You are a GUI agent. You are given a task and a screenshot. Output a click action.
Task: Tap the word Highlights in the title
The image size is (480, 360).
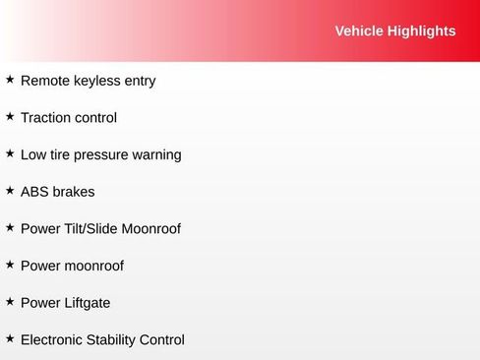pyautogui.click(x=422, y=31)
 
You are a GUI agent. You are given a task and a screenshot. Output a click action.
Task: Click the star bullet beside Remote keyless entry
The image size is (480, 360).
pyautogui.click(x=10, y=79)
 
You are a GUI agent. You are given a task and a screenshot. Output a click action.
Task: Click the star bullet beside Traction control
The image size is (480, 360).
pyautogui.click(x=10, y=116)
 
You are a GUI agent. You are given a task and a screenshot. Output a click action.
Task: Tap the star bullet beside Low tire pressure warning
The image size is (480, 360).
pyautogui.click(x=10, y=153)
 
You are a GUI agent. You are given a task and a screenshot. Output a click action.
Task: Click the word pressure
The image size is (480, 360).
pyautogui.click(x=101, y=155)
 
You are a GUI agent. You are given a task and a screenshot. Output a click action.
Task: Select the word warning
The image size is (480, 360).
pyautogui.click(x=156, y=155)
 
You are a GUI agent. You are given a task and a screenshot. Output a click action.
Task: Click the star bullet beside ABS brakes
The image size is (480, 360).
pyautogui.click(x=10, y=190)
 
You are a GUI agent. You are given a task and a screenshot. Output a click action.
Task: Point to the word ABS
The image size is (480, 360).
pyautogui.click(x=35, y=192)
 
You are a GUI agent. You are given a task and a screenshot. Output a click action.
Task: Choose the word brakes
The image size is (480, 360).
pyautogui.click(x=75, y=192)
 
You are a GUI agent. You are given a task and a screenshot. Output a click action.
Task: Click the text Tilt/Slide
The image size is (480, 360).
pyautogui.click(x=90, y=229)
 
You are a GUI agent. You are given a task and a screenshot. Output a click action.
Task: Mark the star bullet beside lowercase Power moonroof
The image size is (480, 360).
pyautogui.click(x=10, y=265)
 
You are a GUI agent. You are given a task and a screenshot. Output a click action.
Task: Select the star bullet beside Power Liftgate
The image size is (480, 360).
pyautogui.click(x=10, y=301)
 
